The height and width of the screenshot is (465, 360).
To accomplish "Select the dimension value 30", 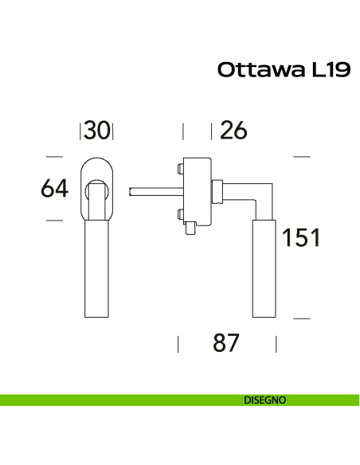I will pos(96,131).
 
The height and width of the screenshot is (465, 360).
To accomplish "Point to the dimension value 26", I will pos(233,131).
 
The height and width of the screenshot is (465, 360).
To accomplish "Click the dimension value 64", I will pos(54,190).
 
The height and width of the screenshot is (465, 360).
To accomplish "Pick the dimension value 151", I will pos(300,237).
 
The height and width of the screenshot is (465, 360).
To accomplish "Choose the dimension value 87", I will pos(227,344).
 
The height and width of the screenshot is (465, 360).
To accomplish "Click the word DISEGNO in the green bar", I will pos(264,400).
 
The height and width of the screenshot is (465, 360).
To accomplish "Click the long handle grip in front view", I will pos(96,271).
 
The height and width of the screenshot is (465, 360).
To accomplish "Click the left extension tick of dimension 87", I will pos(178,344).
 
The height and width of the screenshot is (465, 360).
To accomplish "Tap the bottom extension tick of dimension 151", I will pos(301,318).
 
